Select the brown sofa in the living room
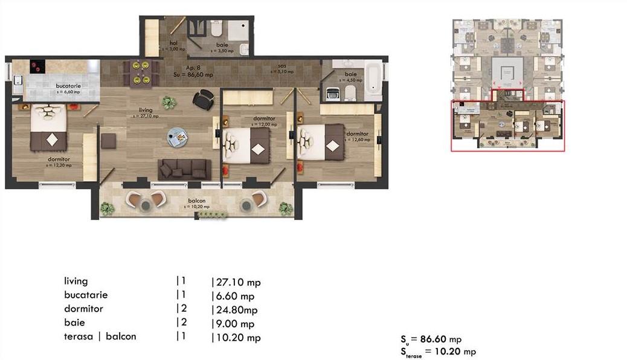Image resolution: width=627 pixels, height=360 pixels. tap(184, 169)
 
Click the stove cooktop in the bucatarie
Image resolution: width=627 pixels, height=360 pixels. tap(39, 66)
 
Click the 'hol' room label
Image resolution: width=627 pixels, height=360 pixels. tap(173, 43)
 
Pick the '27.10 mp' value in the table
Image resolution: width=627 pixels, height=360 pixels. tap(237, 282)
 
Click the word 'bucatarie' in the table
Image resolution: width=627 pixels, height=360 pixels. tap(86, 295)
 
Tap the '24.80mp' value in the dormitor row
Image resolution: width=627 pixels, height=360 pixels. tap(235, 310)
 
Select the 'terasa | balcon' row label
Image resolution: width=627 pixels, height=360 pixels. tap(100, 336)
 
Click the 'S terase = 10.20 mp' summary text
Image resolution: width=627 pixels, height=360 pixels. tap(438, 352)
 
